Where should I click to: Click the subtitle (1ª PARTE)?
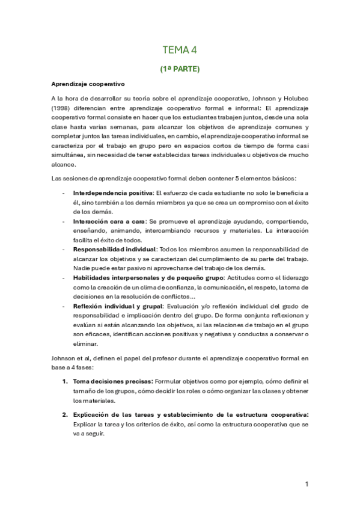[180, 69]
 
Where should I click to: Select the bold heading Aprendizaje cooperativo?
[88, 84]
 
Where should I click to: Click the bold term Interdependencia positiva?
[112, 192]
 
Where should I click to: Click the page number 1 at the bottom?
[307, 484]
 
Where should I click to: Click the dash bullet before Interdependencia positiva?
[64, 192]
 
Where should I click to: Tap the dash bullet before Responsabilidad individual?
[64, 249]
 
